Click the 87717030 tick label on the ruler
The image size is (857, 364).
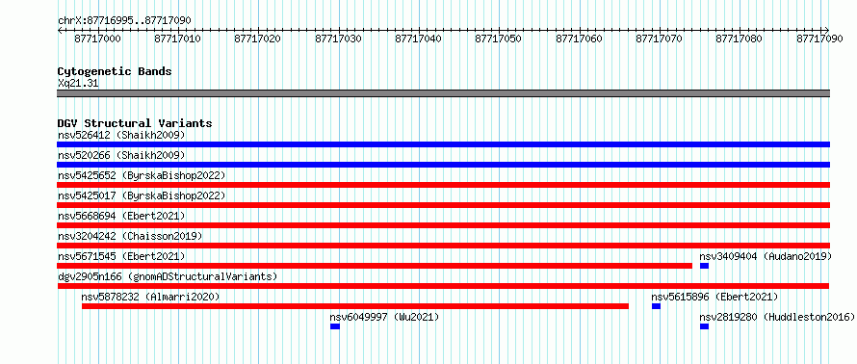(338, 39)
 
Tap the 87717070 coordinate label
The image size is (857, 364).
(660, 39)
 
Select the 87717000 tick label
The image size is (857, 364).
(98, 39)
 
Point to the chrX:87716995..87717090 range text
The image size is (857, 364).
(124, 20)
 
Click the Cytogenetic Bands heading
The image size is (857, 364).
(115, 71)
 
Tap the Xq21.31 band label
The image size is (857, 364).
(78, 84)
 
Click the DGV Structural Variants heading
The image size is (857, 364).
(135, 123)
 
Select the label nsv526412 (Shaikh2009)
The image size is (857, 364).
(121, 135)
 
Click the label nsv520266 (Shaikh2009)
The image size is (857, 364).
(121, 155)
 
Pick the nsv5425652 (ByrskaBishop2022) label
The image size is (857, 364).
(142, 175)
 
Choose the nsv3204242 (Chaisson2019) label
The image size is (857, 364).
(130, 236)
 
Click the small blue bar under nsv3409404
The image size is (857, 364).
(704, 266)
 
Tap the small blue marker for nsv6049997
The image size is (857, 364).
(335, 326)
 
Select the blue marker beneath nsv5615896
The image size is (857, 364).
(656, 306)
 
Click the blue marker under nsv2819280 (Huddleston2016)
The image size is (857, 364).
(704, 326)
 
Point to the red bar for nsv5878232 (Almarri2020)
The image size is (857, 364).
(355, 306)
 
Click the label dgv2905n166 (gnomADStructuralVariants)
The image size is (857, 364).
(168, 276)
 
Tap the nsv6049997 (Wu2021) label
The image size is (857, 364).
(384, 317)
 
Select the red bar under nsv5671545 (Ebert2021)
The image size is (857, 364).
(375, 266)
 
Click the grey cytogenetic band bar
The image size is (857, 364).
(443, 92)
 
